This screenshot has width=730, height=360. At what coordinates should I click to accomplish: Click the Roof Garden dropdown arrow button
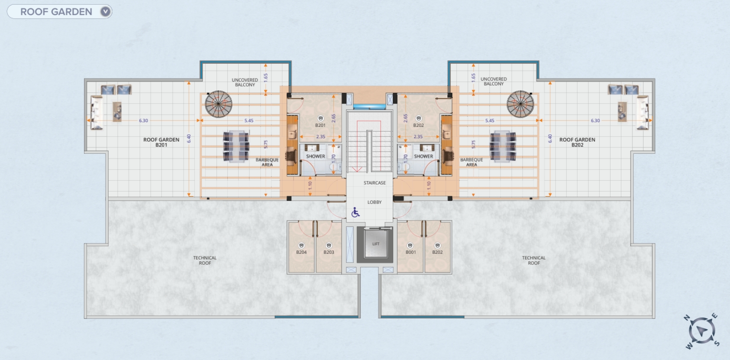pyautogui.click(x=105, y=12)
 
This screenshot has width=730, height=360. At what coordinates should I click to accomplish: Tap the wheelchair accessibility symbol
pyautogui.click(x=355, y=212)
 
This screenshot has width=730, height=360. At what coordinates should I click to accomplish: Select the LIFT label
pyautogui.click(x=376, y=244)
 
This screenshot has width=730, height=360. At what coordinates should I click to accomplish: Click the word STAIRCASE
pyautogui.click(x=375, y=183)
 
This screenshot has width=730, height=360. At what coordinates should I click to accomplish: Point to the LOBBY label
pyautogui.click(x=375, y=202)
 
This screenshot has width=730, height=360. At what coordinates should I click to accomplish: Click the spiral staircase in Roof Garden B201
pyautogui.click(x=218, y=104)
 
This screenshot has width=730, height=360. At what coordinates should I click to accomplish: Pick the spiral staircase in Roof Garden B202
pyautogui.click(x=520, y=104)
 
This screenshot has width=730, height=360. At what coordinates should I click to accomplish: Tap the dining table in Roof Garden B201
pyautogui.click(x=236, y=146)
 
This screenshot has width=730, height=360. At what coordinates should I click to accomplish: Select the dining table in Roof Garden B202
pyautogui.click(x=503, y=146)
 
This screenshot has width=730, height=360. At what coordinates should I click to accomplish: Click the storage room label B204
pyautogui.click(x=301, y=252)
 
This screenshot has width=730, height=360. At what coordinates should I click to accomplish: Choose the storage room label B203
pyautogui.click(x=329, y=252)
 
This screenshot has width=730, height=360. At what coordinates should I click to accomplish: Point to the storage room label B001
pyautogui.click(x=410, y=252)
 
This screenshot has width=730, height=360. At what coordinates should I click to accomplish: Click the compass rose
pyautogui.click(x=702, y=331)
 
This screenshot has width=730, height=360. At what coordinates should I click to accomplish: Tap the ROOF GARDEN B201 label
pyautogui.click(x=162, y=142)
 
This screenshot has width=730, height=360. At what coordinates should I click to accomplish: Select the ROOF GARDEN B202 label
pyautogui.click(x=577, y=142)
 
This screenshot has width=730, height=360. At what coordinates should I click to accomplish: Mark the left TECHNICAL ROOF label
pyautogui.click(x=205, y=260)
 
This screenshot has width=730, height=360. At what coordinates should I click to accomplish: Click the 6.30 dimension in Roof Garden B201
pyautogui.click(x=143, y=121)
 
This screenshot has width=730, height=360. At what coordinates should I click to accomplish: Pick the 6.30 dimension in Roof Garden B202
pyautogui.click(x=595, y=121)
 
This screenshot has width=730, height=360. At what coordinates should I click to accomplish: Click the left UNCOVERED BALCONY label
pyautogui.click(x=245, y=82)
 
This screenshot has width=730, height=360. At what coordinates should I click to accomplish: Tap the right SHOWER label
pyautogui.click(x=423, y=156)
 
